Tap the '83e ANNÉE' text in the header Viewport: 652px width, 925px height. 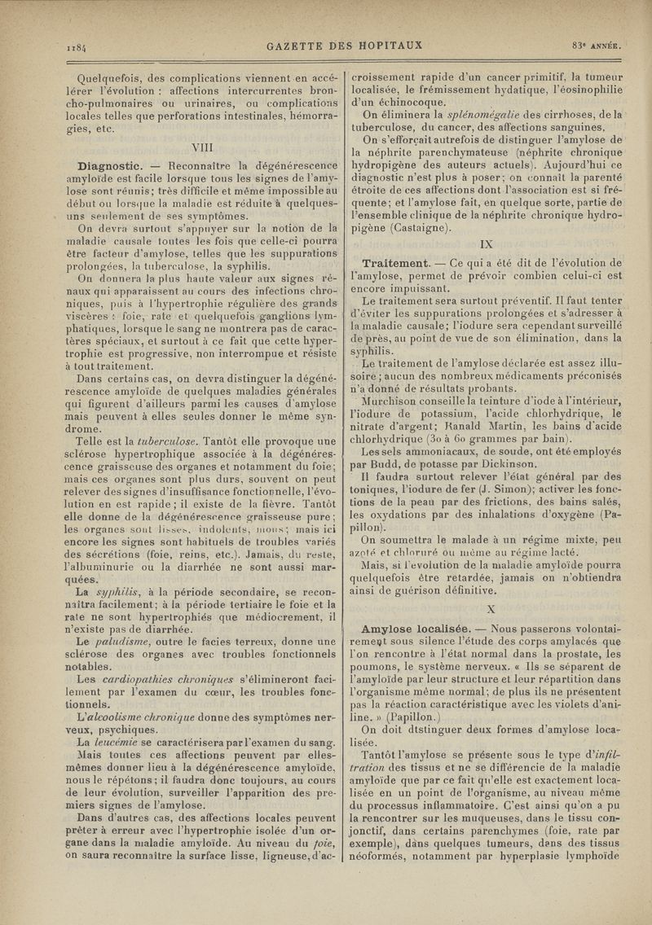click(598, 45)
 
